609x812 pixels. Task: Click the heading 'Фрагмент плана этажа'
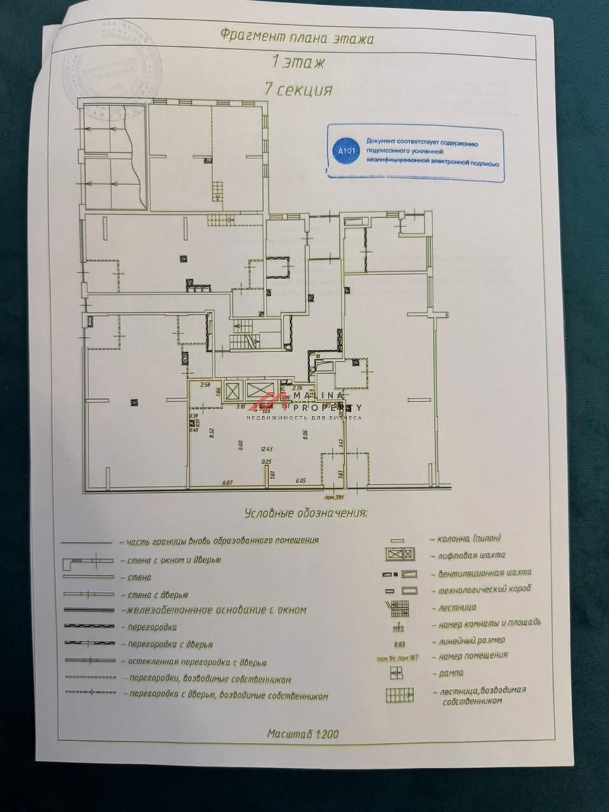(297, 36)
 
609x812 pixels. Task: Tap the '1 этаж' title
(298, 63)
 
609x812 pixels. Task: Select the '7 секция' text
(299, 89)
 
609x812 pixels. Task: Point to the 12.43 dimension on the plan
(265, 449)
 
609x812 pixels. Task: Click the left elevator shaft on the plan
(232, 390)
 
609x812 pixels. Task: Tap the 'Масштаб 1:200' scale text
(303, 735)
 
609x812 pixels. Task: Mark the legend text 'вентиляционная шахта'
(485, 573)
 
